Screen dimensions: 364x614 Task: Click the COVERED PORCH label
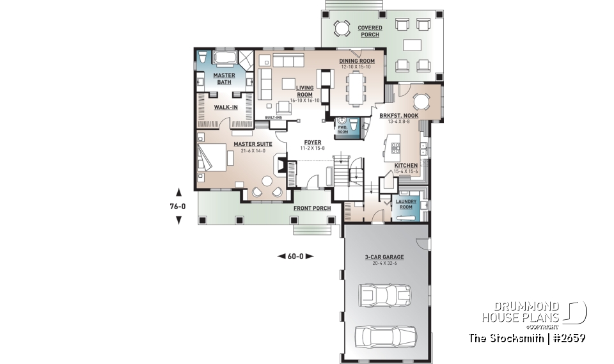(x=369, y=31)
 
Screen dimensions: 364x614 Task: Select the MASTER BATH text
(x=224, y=78)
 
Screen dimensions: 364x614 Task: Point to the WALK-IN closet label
(x=226, y=107)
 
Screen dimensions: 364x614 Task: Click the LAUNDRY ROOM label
(x=406, y=204)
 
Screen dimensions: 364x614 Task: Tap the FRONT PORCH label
(x=312, y=209)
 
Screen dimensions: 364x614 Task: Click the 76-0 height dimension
(x=178, y=206)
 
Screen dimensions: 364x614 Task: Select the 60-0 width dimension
(x=295, y=256)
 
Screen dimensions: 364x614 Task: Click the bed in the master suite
(x=213, y=159)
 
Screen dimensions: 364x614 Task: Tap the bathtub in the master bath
(x=224, y=58)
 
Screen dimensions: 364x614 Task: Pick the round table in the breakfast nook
(x=421, y=102)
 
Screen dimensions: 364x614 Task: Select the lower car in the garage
(x=386, y=335)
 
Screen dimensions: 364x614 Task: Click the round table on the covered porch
(x=342, y=28)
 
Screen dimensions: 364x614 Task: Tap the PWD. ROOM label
(x=343, y=129)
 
